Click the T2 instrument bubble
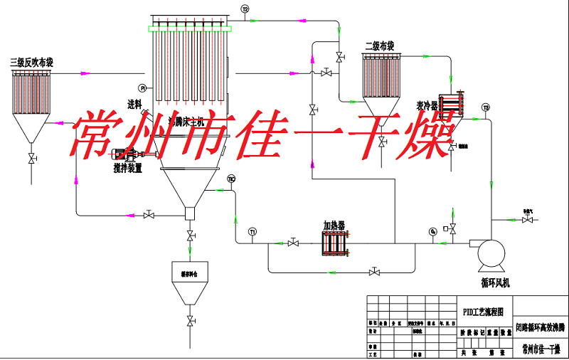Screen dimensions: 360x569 (245, 9)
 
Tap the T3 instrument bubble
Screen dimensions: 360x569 (486, 108)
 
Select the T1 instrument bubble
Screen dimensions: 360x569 (252, 232)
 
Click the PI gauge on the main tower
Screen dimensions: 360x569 (143, 88)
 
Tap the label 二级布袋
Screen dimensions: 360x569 (379, 46)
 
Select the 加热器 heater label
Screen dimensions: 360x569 (334, 225)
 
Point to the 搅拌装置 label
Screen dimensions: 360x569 (127, 169)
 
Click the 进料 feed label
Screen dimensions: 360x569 (134, 105)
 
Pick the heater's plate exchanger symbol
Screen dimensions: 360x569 (334, 243)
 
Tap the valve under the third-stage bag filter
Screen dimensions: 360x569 (31, 158)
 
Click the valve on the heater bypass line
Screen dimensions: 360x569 (375, 272)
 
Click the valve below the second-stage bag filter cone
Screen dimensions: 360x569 (382, 143)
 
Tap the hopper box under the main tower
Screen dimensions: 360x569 (190, 213)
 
